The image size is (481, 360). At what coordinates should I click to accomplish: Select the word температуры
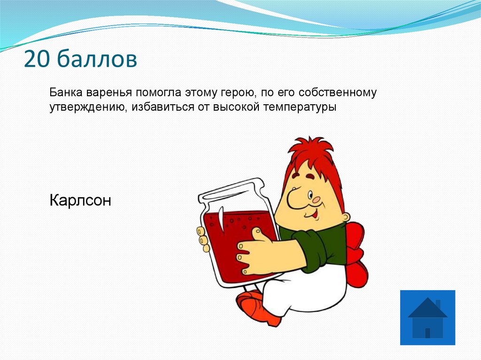tap(300, 107)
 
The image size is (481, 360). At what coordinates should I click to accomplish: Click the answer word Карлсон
tap(80, 201)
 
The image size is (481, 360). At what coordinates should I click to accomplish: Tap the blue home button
tap(427, 318)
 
